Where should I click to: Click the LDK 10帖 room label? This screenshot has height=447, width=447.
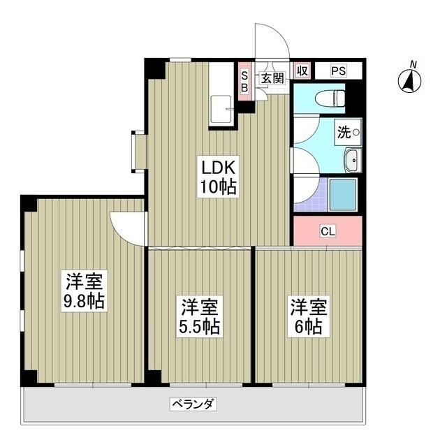pos(219,177)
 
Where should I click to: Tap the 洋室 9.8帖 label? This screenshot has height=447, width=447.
pos(85,293)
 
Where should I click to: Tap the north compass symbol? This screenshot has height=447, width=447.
pos(409,80)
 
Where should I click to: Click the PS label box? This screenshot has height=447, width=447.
pos(338,71)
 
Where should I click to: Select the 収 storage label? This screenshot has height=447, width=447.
pos(302,71)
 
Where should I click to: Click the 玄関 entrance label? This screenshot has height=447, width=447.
pos(272,78)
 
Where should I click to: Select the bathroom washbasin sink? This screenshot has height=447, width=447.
pos(352,161)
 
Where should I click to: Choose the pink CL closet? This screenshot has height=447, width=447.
pos(327,231)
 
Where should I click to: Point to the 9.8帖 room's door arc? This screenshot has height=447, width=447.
pos(127,226)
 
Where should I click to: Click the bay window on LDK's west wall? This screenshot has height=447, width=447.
pos(136,152)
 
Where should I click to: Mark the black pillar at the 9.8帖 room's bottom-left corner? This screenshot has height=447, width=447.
pos(29,378)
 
